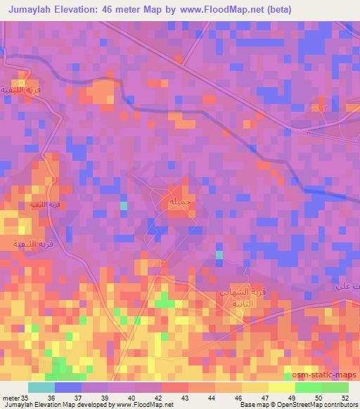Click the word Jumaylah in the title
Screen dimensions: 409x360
37,10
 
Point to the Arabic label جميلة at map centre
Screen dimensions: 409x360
180,202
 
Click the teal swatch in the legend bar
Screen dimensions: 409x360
41,387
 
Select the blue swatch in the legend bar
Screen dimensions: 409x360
67,387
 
